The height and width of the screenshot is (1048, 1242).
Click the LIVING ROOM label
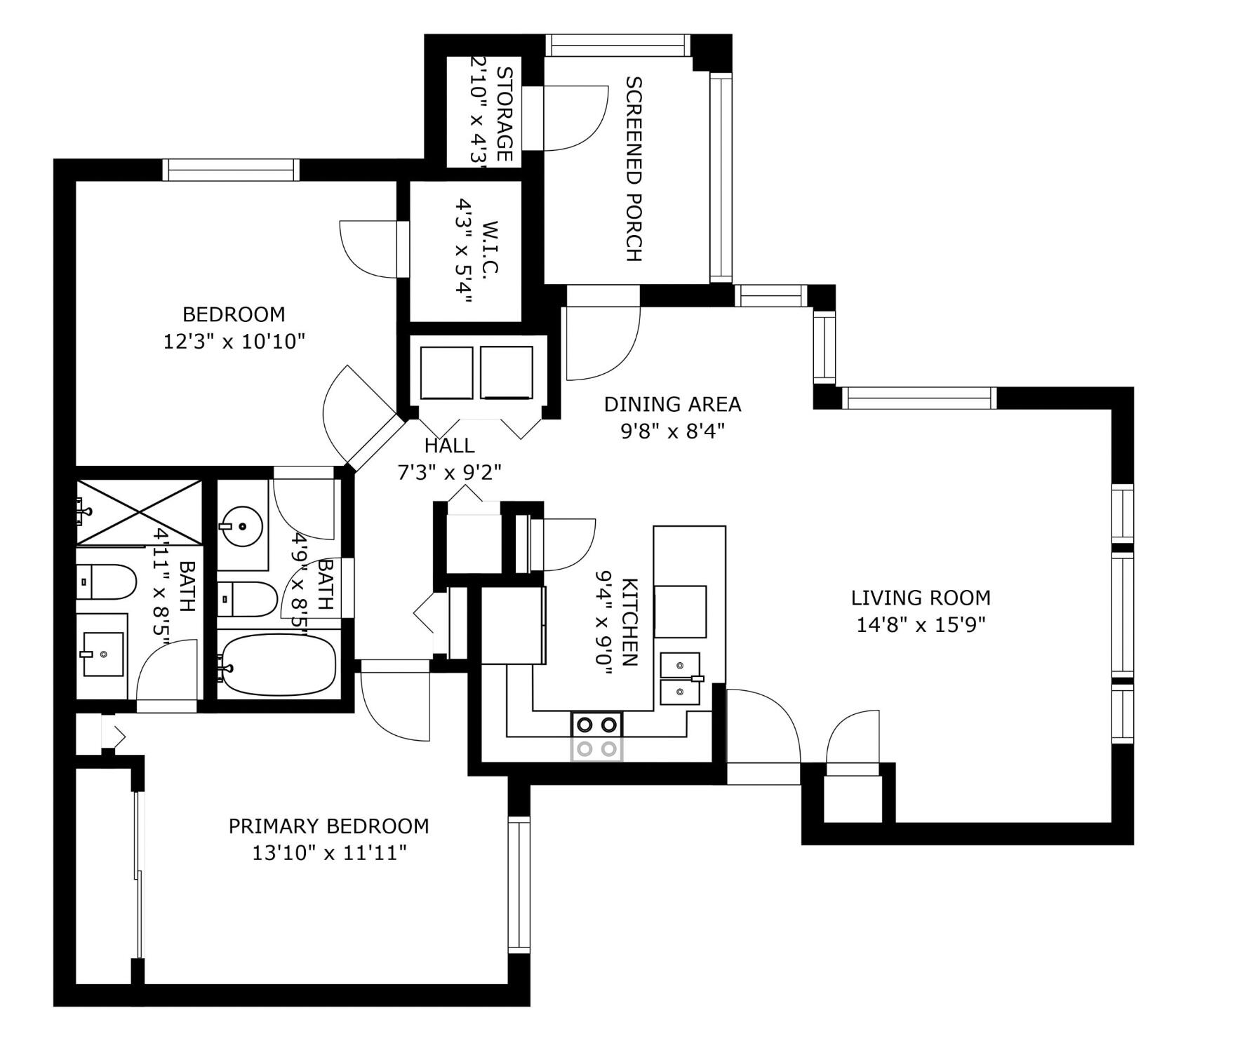point(921,598)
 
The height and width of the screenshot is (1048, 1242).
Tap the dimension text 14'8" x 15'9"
point(921,624)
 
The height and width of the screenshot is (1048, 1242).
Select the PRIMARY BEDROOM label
point(328,826)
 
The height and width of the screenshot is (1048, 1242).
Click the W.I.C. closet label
point(489,250)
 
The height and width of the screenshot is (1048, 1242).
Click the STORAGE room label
point(504,114)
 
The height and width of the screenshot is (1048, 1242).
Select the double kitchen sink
point(680,679)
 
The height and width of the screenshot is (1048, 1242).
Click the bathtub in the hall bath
point(279,665)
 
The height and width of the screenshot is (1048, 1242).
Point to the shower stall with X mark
point(139,511)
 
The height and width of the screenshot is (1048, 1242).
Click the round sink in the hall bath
point(241,525)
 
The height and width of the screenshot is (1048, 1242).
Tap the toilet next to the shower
point(107,582)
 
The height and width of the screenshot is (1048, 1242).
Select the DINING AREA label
point(672,404)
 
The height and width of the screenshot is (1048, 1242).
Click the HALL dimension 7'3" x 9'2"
point(450,473)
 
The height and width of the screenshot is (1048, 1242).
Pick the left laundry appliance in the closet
point(446,372)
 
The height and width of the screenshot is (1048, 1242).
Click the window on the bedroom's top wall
point(232,170)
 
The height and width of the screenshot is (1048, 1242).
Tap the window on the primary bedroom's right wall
point(519,885)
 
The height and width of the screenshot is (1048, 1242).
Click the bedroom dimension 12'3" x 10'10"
point(234,342)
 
